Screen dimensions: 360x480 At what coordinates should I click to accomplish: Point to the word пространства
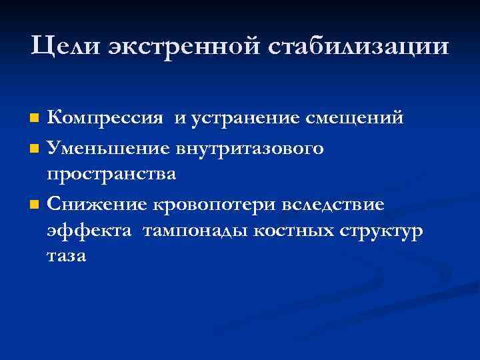(x=111, y=175)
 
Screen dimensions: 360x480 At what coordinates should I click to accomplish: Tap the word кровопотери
(x=217, y=203)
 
